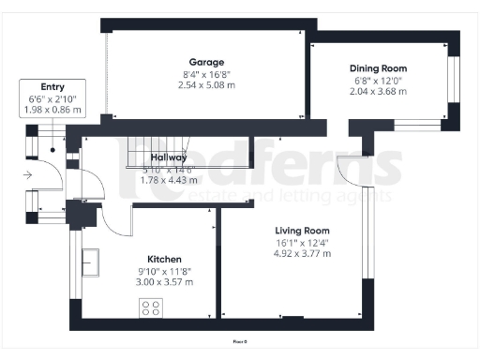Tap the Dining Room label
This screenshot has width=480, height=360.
click(x=378, y=68)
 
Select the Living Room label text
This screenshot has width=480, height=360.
click(x=302, y=231)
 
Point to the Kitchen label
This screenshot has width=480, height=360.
click(x=164, y=259)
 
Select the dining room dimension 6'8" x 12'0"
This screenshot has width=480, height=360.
click(x=378, y=81)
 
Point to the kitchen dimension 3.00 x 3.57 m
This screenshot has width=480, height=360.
click(x=164, y=281)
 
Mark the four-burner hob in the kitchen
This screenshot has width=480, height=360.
click(x=151, y=307)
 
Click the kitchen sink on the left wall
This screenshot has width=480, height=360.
click(x=92, y=263)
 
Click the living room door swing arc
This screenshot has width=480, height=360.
click(x=356, y=169)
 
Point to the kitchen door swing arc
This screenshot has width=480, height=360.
click(x=114, y=220)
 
